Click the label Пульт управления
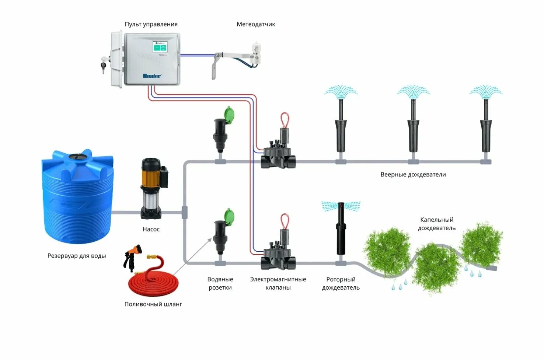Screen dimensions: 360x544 [151, 24]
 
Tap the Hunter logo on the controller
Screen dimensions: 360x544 [152, 76]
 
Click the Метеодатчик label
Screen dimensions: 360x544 [256, 24]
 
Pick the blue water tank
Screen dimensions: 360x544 [77, 197]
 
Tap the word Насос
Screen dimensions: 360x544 [151, 229]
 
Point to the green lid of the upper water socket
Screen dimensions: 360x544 [229, 114]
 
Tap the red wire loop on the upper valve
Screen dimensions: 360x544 [285, 120]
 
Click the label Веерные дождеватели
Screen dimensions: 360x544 [413, 175]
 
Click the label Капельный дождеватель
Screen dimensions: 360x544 [437, 224]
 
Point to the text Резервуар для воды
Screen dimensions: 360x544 [77, 256]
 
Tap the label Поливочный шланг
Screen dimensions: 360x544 [153, 304]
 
